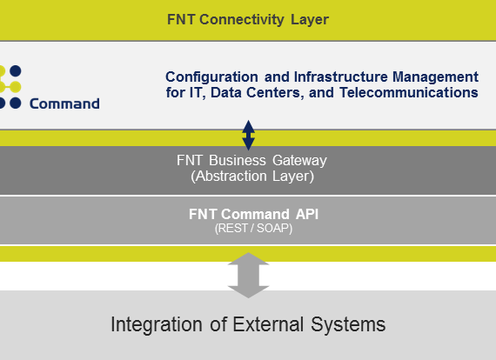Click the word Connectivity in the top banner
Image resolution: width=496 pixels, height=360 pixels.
click(242, 20)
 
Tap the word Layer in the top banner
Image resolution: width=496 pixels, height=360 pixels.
click(310, 20)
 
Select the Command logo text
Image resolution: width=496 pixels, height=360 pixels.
click(64, 103)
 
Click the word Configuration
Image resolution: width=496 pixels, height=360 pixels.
click(211, 77)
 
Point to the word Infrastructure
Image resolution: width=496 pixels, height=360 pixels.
click(341, 77)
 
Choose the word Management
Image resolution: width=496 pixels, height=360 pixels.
click(436, 77)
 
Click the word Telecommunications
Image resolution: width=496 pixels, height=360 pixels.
click(409, 92)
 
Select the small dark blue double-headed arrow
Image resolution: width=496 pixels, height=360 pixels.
click(248, 135)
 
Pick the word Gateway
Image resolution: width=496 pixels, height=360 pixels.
click(299, 161)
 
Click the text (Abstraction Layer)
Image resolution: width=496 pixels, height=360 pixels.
click(252, 176)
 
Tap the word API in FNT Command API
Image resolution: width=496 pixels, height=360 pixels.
click(307, 214)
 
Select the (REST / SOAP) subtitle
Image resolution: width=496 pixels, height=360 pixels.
click(253, 228)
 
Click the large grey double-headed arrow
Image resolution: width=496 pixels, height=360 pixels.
click(248, 276)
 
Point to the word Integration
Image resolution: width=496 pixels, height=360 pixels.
click(157, 325)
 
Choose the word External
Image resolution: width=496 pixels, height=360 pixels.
click(268, 324)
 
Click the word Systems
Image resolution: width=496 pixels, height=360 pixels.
click(348, 325)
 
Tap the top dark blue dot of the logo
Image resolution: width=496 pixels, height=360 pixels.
click(15, 71)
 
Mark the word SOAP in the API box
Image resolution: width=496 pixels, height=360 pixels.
click(274, 228)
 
